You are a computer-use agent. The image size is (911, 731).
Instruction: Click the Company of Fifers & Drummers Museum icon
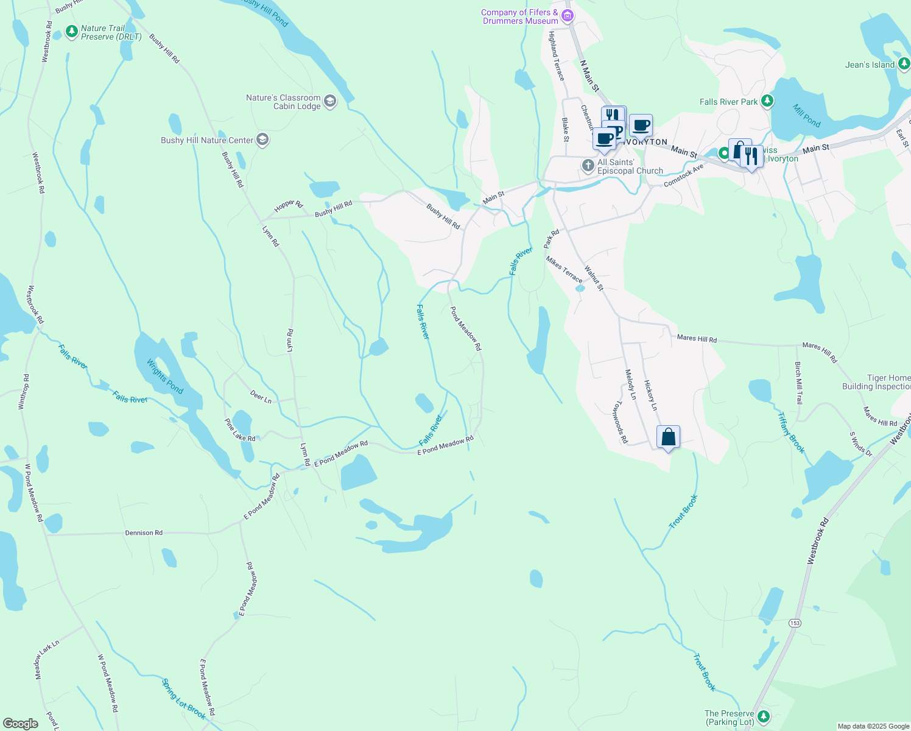point(568,16)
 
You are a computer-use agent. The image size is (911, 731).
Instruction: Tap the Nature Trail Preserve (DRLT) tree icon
point(72,31)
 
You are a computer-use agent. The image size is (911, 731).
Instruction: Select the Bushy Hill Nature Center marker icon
point(263,140)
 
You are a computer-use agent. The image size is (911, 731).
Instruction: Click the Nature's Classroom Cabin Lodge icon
point(330,101)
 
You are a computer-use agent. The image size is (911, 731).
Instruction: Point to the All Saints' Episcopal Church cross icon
point(588,165)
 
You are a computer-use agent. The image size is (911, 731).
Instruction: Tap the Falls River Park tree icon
point(768,101)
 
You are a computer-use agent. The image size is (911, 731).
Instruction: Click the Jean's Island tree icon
point(904,63)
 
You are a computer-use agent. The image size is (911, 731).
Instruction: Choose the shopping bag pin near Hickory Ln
point(668,437)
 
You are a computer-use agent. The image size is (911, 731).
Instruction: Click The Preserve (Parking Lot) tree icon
point(764,716)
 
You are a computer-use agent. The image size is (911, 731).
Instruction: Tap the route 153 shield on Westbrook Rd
point(794,623)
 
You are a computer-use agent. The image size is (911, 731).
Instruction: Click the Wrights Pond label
point(164,376)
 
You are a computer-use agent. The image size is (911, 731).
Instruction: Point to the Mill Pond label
point(806,115)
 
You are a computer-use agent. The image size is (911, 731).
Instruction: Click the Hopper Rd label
point(288,206)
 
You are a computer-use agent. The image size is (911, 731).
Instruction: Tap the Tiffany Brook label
point(791,433)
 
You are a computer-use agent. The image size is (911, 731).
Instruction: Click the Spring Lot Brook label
point(184,699)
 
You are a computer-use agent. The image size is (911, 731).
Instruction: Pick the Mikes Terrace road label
point(564,269)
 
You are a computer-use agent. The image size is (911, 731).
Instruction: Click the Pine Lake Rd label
point(240,429)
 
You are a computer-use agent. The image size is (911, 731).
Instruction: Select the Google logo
point(20,724)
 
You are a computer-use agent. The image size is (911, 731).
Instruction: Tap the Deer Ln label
point(261,397)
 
